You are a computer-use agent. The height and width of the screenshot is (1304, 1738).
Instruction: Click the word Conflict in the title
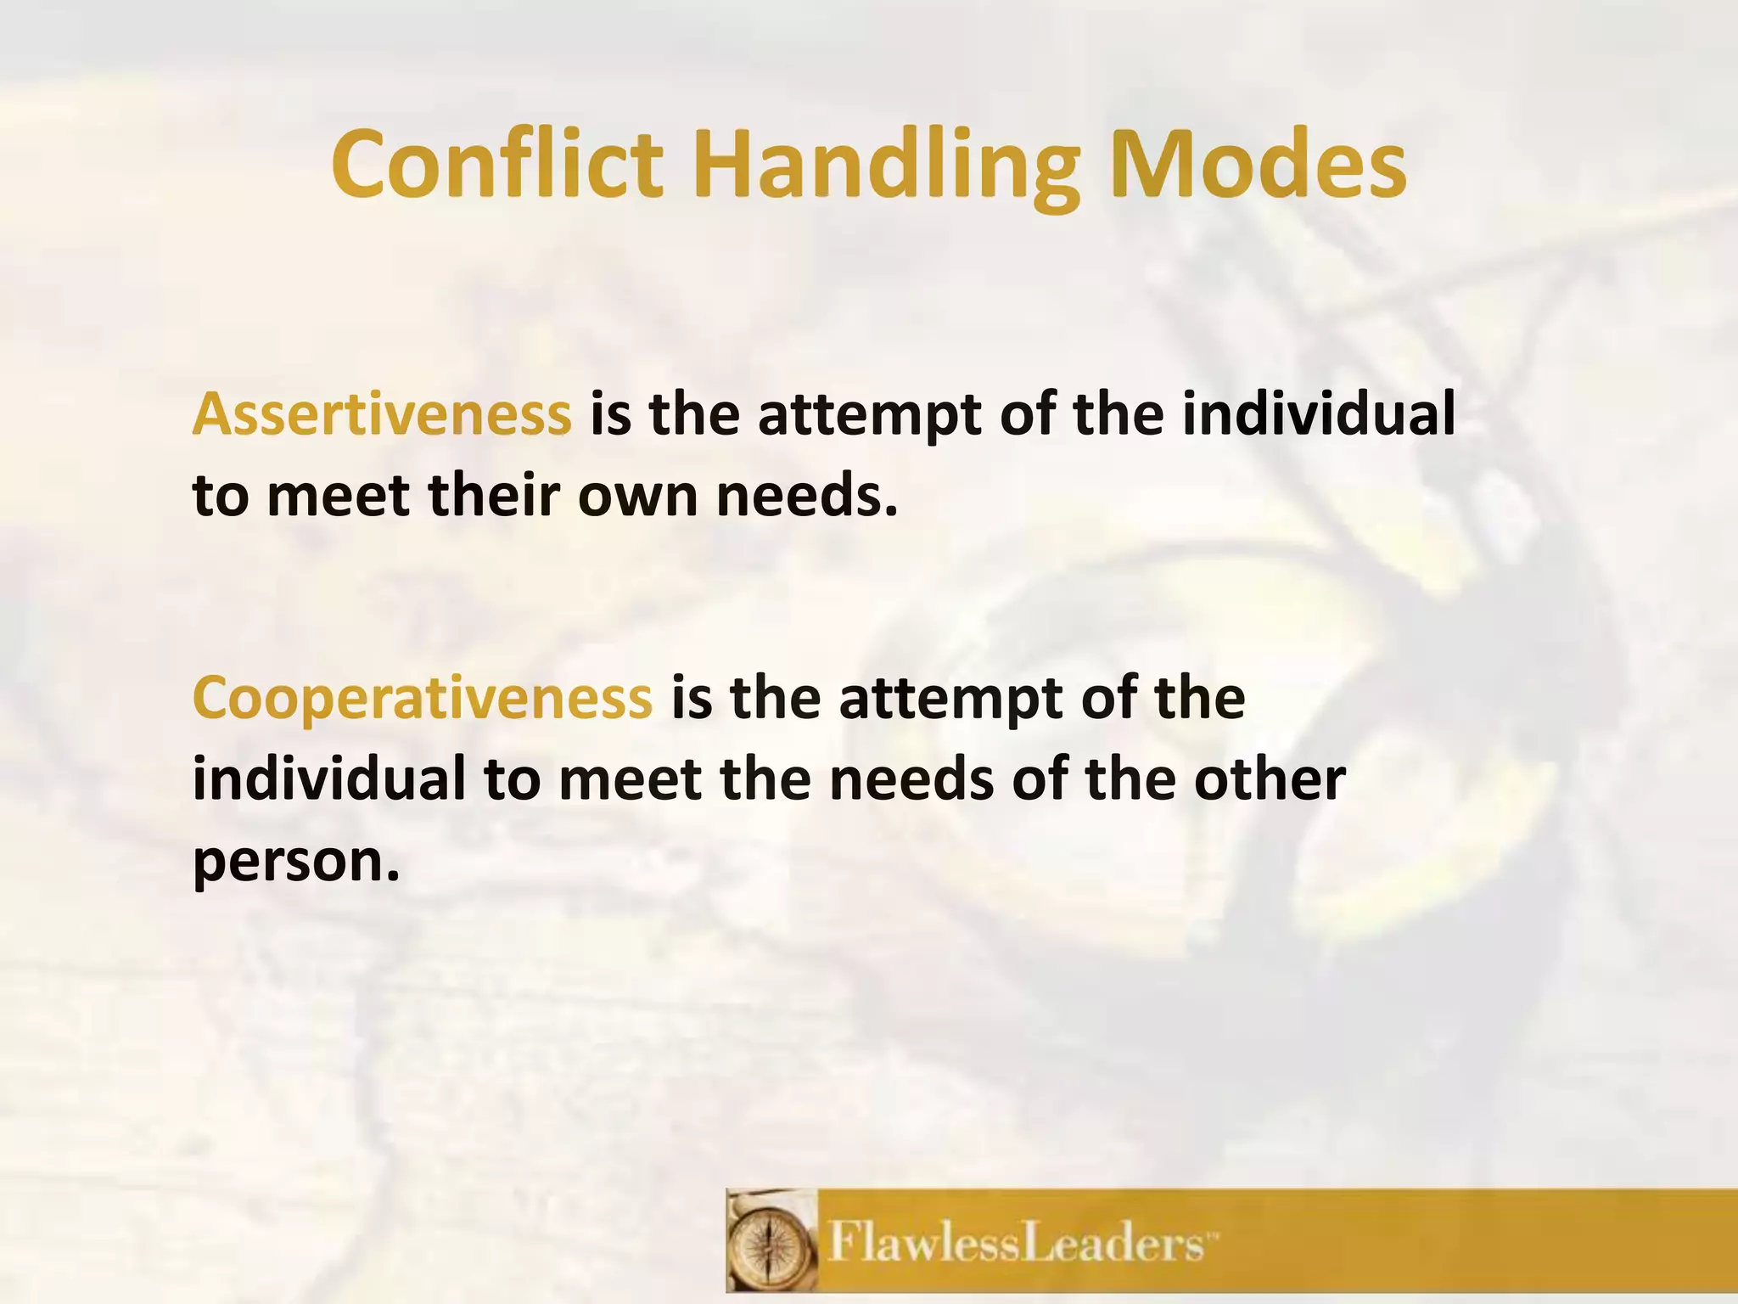(x=496, y=164)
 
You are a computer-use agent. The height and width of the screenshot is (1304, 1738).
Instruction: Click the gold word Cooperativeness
(x=423, y=698)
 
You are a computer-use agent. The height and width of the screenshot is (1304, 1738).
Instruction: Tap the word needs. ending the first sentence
(x=807, y=496)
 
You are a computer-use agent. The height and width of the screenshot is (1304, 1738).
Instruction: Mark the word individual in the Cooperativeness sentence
(x=329, y=779)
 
